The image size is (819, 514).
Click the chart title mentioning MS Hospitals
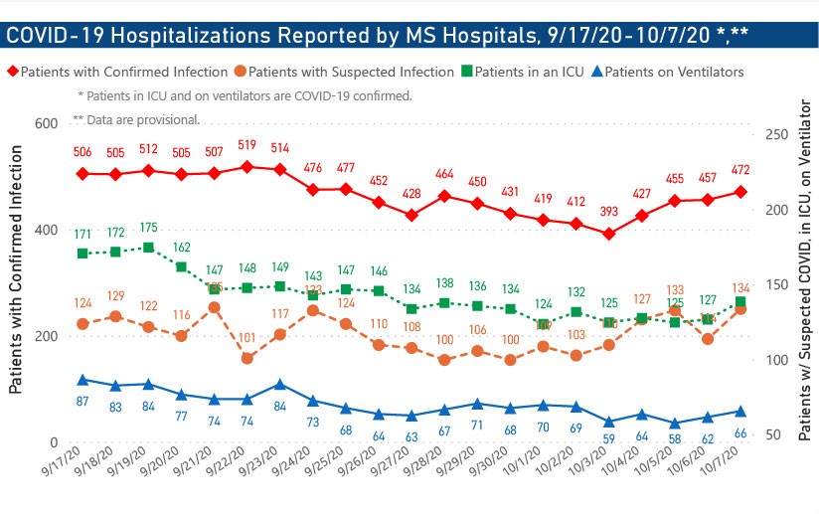pos(378,36)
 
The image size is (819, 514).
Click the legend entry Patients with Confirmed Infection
pos(117,73)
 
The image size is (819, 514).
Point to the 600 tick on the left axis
pos(44,124)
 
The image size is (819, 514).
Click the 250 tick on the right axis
pos(775,135)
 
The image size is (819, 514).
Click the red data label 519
pos(247,144)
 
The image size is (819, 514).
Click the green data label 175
pos(148,228)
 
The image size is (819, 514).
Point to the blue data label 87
pos(83,400)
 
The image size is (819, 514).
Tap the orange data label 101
pos(247,337)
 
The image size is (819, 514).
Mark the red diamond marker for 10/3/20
pos(608,234)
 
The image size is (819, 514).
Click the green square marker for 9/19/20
pos(148,248)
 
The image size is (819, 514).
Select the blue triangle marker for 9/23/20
pos(280,384)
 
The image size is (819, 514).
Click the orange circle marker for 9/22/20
pos(247,358)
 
